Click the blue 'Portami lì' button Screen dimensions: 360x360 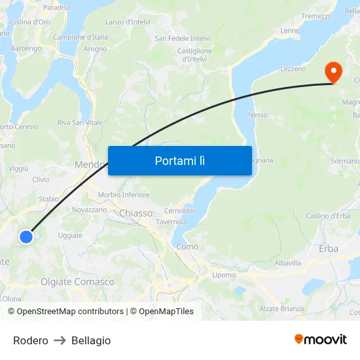pos(179,160)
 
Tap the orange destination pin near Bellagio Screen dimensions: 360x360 pos(333,72)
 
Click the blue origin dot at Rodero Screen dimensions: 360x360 pos(26,237)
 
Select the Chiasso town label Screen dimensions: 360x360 pos(135,213)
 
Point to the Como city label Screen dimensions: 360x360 pos(187,247)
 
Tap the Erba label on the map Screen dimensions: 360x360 pos(328,248)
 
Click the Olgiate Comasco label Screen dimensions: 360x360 pos(77,282)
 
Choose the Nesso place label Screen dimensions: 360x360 pos(258,115)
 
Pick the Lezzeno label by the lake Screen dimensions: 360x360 pos(293,69)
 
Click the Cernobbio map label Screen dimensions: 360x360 pos(180,211)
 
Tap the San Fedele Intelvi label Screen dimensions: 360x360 pos(182,39)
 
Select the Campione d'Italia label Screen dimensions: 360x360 pos(81,37)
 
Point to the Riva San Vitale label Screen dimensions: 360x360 pos(80,122)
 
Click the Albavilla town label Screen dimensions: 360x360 pos(288,262)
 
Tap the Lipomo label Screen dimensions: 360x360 pos(224,275)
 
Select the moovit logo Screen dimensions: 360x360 pos(321,339)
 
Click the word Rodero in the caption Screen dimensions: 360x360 pos(31,340)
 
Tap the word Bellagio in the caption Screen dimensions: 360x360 pos(91,340)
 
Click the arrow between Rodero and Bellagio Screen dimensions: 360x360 pos(60,340)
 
